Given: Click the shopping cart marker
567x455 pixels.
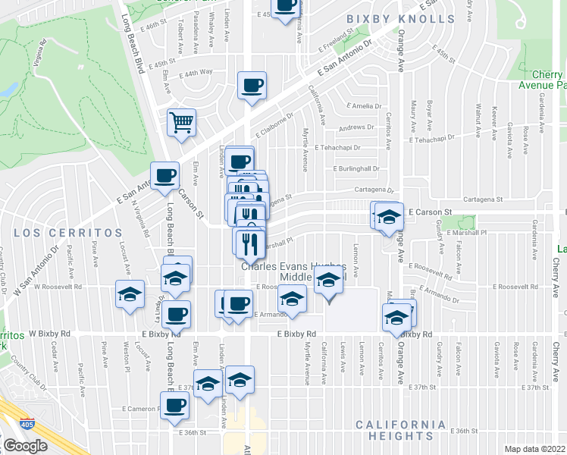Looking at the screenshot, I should pyautogui.click(x=182, y=121).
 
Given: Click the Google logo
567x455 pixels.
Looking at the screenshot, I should pyautogui.click(x=25, y=445).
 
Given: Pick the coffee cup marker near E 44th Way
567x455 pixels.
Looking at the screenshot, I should pyautogui.click(x=252, y=85).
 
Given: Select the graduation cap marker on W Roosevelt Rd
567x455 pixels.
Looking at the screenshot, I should pyautogui.click(x=130, y=293).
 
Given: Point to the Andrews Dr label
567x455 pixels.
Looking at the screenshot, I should pyautogui.click(x=357, y=127).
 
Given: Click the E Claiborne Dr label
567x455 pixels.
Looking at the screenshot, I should pyautogui.click(x=274, y=120).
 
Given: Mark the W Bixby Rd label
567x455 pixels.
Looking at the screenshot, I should pyautogui.click(x=49, y=333).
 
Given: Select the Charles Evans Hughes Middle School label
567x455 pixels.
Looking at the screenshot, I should pyautogui.click(x=294, y=271).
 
